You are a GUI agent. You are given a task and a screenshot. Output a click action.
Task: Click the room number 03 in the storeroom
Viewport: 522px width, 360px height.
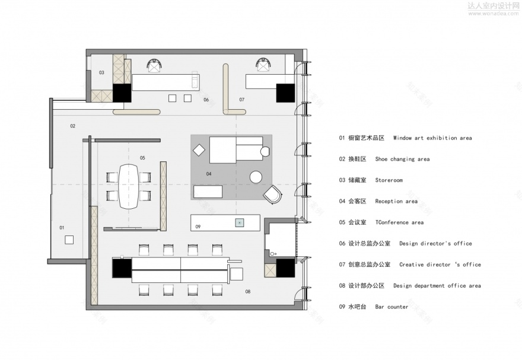pyautogui.click(x=101, y=72)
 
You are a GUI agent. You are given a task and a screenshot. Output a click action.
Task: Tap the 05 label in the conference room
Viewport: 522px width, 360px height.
pyautogui.click(x=142, y=158)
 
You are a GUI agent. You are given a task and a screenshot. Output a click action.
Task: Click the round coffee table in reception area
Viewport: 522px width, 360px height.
pyautogui.click(x=256, y=177)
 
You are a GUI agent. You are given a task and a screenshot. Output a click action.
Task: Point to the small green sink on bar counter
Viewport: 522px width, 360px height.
pyautogui.click(x=239, y=223)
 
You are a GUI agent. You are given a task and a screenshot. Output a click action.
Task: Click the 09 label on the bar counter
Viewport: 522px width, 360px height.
pyautogui.click(x=198, y=226)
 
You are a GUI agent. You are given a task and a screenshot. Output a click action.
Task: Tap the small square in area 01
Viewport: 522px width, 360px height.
pyautogui.click(x=69, y=239)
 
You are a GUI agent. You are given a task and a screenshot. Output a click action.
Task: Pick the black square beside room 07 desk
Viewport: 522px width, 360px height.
pyautogui.click(x=285, y=93)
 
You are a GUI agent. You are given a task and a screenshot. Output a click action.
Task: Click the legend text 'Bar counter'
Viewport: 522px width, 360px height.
pyautogui.click(x=391, y=307)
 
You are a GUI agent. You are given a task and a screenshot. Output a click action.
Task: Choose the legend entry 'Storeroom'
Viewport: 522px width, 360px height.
pyautogui.click(x=389, y=180)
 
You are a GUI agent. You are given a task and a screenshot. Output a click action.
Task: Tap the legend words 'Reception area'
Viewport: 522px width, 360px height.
pyautogui.click(x=396, y=202)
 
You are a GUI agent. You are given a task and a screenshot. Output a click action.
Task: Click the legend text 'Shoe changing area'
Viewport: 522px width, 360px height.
pyautogui.click(x=402, y=159)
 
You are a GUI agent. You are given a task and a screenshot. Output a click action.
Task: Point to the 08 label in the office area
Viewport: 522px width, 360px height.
pyautogui.click(x=247, y=291)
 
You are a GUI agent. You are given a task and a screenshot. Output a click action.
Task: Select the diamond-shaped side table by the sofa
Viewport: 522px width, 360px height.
pyautogui.click(x=199, y=151)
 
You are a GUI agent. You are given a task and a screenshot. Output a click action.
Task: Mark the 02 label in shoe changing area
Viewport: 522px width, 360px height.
pyautogui.click(x=72, y=126)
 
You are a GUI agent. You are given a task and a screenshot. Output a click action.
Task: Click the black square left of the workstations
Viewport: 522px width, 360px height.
pyautogui.click(x=122, y=270)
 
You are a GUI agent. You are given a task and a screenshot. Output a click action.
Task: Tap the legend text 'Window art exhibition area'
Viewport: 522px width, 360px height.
pyautogui.click(x=432, y=138)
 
